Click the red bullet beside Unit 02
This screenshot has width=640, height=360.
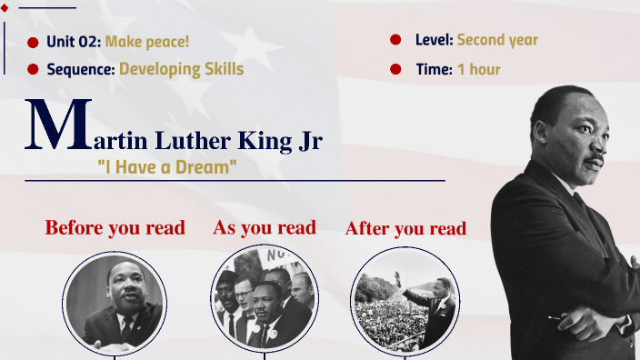pos(34,42)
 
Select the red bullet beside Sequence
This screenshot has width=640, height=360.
pos(34,69)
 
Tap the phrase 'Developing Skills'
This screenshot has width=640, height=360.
pos(181,68)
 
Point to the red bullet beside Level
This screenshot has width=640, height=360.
pos(395,40)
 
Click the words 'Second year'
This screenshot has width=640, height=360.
pos(497,40)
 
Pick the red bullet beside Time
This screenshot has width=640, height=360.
pos(395,69)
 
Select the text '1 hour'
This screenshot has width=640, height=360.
pos(478,69)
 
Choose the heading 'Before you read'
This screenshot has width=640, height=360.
pos(115,227)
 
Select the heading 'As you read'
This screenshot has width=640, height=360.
pos(265,227)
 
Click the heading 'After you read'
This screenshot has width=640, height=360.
pos(405,228)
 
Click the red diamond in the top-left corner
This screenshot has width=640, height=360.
pos(5,8)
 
